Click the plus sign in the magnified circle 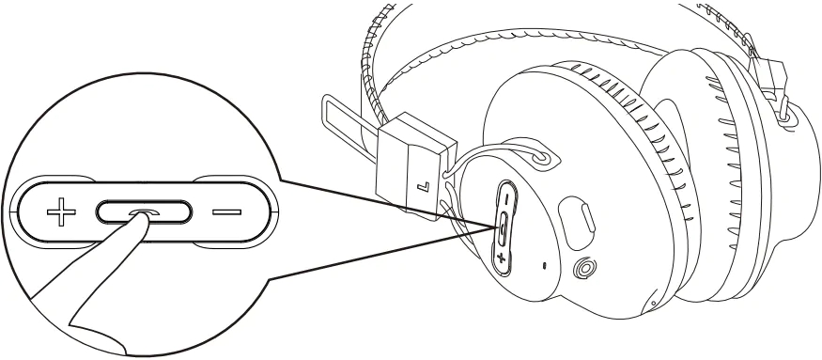point(61,212)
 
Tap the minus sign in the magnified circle point(227,212)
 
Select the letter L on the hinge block point(423,187)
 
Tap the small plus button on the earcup point(501,258)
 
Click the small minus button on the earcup point(506,199)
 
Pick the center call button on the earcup point(504,228)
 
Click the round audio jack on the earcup point(582,268)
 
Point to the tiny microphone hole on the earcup point(544,265)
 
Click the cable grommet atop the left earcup point(539,157)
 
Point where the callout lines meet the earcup point(494,227)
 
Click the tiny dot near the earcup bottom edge point(653,304)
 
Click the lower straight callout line point(381,254)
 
